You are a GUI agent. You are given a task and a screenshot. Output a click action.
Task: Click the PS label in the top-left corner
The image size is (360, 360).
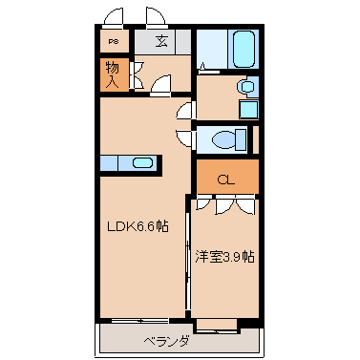click(x=113, y=41)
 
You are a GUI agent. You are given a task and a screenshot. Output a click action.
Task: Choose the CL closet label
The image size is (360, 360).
click(x=225, y=178)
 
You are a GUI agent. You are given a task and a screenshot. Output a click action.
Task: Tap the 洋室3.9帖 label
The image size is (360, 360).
click(x=225, y=256)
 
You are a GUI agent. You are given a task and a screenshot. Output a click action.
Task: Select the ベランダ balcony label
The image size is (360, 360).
click(x=166, y=341)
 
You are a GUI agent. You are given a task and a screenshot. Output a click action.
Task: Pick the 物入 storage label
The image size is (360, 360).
click(x=113, y=74)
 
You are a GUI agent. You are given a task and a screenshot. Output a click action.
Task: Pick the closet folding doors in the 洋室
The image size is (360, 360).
click(x=225, y=204)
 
